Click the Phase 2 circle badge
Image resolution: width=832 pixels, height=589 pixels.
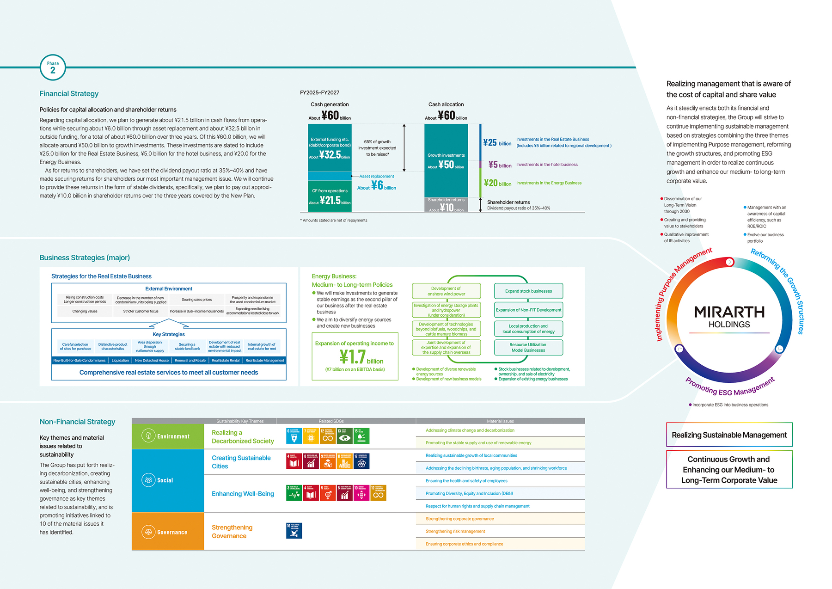pyautogui.click(x=53, y=67)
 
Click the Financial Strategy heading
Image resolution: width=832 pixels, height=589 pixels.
pyautogui.click(x=69, y=94)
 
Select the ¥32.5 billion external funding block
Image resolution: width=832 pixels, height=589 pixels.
pyautogui.click(x=330, y=148)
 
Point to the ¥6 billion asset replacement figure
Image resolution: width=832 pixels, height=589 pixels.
pyautogui.click(x=377, y=185)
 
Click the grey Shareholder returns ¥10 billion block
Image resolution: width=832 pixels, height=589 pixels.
pyautogui.click(x=446, y=205)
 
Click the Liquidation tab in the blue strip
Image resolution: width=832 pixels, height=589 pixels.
pyautogui.click(x=120, y=361)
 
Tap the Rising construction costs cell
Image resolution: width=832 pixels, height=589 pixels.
pyautogui.click(x=85, y=300)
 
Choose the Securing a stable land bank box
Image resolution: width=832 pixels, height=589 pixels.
pyautogui.click(x=187, y=346)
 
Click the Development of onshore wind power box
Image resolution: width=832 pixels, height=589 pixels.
pyautogui.click(x=446, y=291)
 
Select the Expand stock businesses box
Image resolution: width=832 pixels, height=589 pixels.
pyautogui.click(x=528, y=291)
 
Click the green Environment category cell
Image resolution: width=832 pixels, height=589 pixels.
pyautogui.click(x=167, y=436)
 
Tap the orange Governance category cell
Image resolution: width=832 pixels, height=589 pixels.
pyautogui.click(x=167, y=532)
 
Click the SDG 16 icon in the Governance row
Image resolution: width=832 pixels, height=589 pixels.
pyautogui.click(x=294, y=531)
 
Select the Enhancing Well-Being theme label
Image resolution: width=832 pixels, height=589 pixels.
pyautogui.click(x=243, y=494)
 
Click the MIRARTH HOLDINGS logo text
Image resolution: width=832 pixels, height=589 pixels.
pyautogui.click(x=729, y=317)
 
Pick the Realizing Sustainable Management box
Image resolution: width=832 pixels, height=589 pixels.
pyautogui.click(x=729, y=435)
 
